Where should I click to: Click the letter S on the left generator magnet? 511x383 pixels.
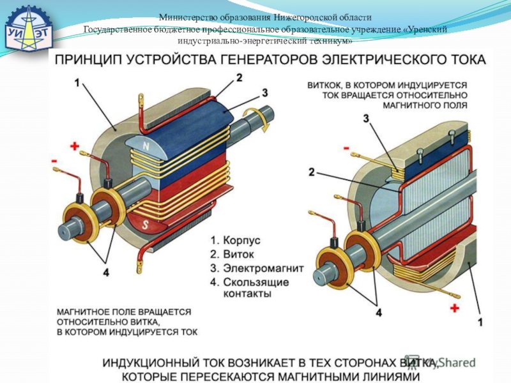point(145,225)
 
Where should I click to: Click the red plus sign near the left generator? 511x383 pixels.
point(75,146)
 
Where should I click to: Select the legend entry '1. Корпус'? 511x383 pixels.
point(236,241)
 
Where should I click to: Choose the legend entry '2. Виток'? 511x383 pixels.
point(234,255)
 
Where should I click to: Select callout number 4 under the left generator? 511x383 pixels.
point(105,272)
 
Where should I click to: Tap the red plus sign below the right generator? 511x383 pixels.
point(455,308)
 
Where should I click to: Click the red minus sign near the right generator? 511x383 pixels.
point(347,149)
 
